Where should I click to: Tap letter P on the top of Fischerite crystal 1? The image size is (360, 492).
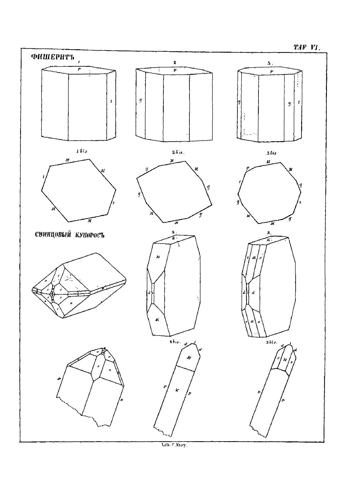[x=79, y=70]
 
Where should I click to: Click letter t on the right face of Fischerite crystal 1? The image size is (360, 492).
[x=111, y=101]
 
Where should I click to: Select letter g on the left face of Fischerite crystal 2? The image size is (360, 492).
[x=140, y=101]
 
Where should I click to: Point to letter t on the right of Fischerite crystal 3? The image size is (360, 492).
[x=299, y=102]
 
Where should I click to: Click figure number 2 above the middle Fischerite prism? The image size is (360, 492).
[x=175, y=62]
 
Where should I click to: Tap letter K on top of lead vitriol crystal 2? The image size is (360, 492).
[x=174, y=238]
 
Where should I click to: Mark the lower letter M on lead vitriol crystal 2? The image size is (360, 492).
[x=157, y=320]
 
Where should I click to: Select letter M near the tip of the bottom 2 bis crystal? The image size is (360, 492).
[x=189, y=358]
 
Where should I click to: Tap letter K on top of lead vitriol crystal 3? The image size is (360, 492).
[x=268, y=239]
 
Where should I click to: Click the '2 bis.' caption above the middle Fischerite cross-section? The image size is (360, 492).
[x=178, y=152]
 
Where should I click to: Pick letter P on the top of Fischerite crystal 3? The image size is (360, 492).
[x=271, y=71]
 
